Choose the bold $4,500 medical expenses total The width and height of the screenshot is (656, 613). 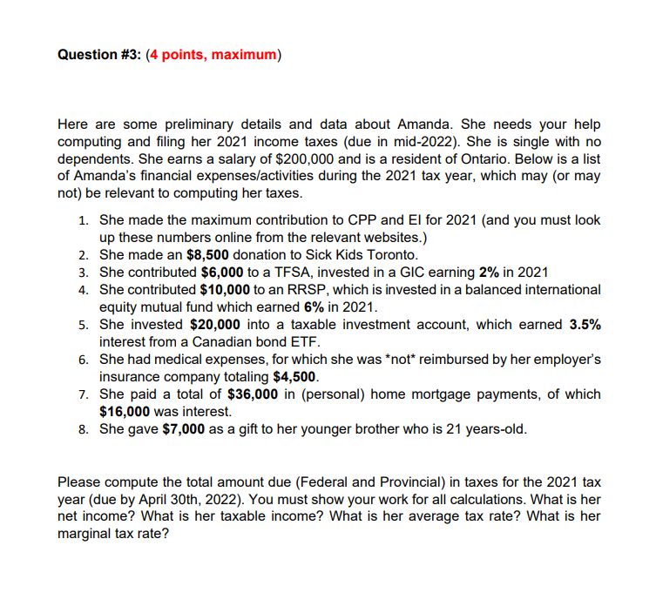click(297, 377)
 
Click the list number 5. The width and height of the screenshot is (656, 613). click(82, 325)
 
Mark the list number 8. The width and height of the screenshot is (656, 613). click(82, 429)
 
